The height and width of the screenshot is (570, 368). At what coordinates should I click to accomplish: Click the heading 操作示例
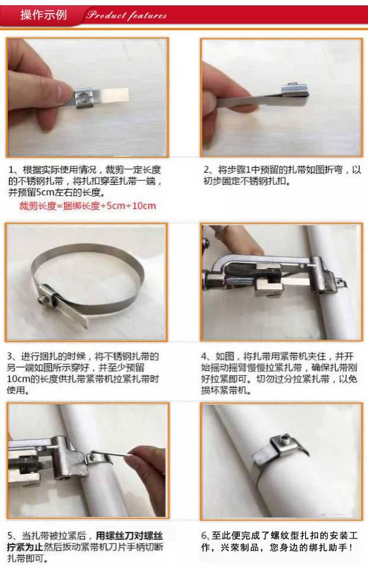[43, 15]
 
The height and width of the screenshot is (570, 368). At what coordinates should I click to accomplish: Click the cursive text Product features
[126, 15]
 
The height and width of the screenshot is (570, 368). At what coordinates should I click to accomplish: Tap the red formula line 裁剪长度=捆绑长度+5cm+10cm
[87, 206]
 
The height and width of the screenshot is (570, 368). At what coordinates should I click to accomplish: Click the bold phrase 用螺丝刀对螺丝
[129, 536]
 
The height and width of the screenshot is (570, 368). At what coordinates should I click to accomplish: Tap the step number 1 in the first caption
[11, 170]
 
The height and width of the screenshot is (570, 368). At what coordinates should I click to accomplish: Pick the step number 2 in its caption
[207, 170]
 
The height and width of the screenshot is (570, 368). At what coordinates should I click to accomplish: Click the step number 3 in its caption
[10, 356]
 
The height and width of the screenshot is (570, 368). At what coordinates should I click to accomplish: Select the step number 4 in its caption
[204, 356]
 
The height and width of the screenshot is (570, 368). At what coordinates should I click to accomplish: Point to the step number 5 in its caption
[11, 536]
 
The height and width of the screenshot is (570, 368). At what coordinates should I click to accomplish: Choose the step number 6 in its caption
[204, 536]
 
